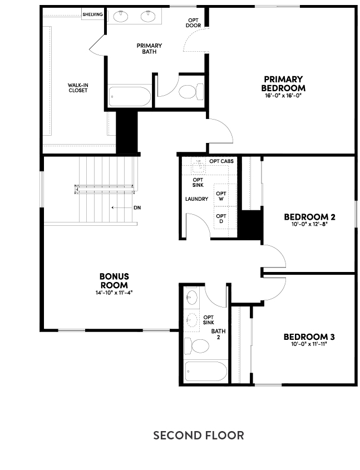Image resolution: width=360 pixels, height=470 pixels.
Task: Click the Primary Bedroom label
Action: pos(283,83)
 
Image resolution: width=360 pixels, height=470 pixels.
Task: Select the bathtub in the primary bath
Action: pos(130,97)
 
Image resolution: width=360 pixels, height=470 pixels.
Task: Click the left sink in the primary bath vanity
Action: pos(121,16)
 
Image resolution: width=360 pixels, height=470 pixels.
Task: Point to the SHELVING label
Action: pos(92,14)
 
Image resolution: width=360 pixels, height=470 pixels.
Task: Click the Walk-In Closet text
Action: pos(78,88)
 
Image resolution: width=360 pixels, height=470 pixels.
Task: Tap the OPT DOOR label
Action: pos(193,23)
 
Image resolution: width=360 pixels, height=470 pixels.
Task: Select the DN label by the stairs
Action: pos(137,207)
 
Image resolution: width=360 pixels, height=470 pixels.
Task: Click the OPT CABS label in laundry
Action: pos(221,161)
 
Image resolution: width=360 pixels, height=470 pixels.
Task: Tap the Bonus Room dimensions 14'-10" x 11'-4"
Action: pos(114,293)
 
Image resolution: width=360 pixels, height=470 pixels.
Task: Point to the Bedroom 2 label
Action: pos(309,216)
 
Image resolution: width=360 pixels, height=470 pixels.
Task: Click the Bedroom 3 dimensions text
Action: pos(309,344)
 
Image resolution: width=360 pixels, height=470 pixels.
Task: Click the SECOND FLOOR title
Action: pos(199,435)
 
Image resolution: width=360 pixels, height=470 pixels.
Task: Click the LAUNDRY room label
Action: pos(196,199)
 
